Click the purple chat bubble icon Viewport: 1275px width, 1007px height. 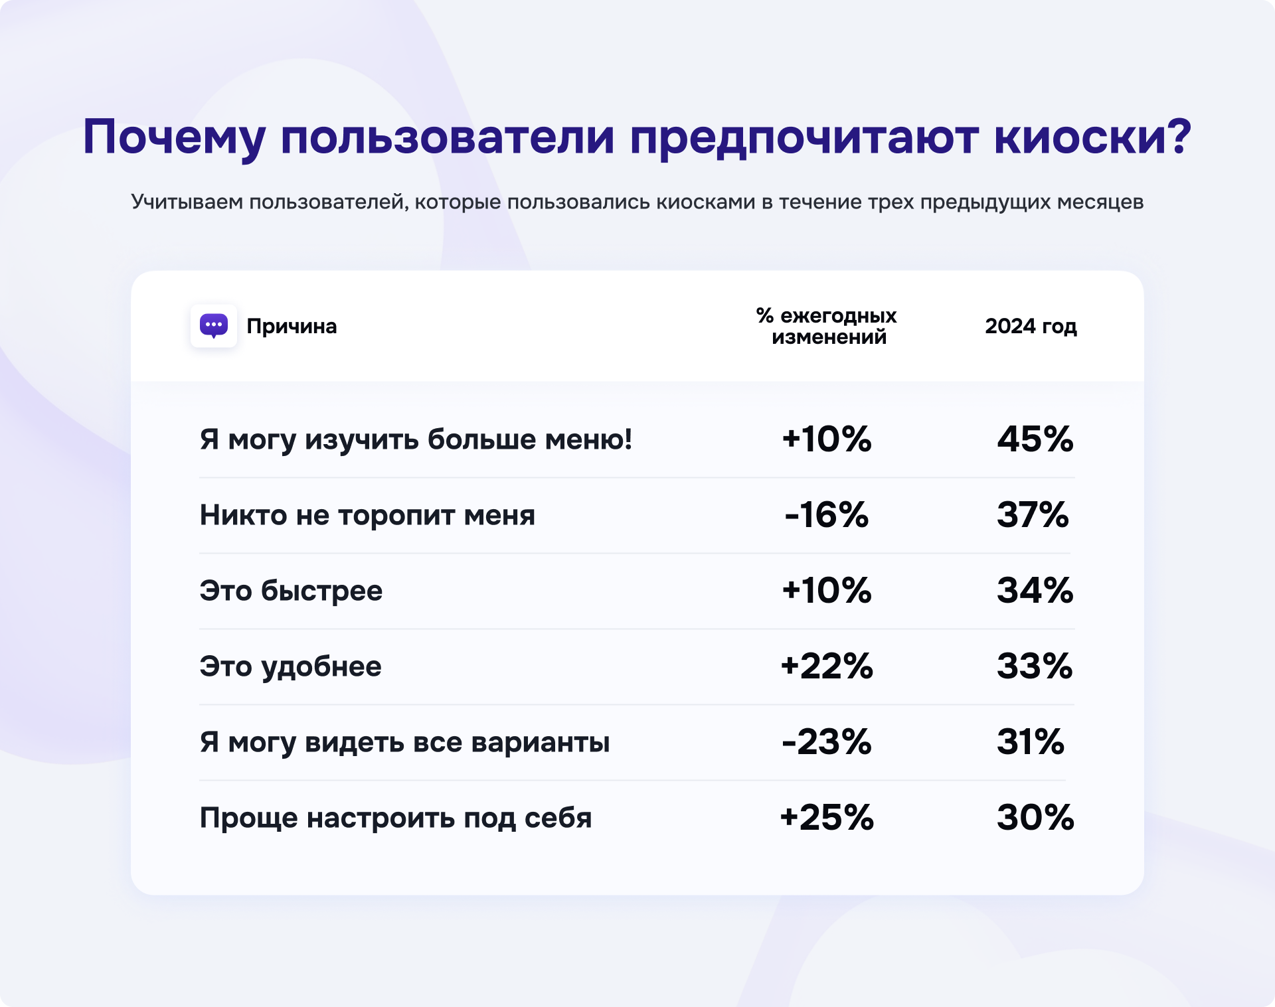(x=213, y=326)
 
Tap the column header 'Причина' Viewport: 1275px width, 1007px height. (x=292, y=326)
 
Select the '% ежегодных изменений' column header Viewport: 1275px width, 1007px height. (x=826, y=326)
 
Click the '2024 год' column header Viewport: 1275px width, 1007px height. (x=1031, y=326)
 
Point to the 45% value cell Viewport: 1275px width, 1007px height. (x=1035, y=439)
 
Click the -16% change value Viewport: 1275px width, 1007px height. (x=826, y=514)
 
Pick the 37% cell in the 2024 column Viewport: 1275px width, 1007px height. (x=1033, y=514)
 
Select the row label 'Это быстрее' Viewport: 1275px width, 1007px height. (x=291, y=590)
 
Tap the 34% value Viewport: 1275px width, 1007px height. (x=1035, y=590)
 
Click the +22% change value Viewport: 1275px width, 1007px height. (x=826, y=666)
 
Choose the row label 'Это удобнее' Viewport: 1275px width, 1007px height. (x=290, y=666)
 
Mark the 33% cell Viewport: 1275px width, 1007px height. (x=1035, y=666)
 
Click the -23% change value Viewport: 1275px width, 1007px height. (x=826, y=741)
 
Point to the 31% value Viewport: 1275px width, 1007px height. (x=1030, y=741)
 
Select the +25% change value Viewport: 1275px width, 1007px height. (x=826, y=817)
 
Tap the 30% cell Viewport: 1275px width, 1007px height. (x=1035, y=817)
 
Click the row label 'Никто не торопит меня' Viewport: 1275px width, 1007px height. (x=367, y=514)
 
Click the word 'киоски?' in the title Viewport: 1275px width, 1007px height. (x=1092, y=137)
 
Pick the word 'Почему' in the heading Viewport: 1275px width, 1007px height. (x=174, y=137)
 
